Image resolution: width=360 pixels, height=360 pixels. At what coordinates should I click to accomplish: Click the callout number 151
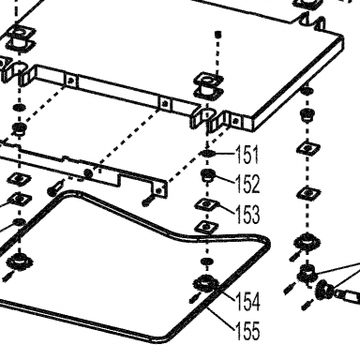[247, 155]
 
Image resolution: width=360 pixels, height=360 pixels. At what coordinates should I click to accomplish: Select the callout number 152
[247, 184]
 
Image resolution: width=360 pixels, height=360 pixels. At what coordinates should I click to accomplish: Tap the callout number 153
[247, 214]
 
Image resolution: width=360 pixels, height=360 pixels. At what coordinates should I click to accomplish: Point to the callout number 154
[247, 301]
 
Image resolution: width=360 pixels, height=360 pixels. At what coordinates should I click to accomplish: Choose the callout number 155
[247, 331]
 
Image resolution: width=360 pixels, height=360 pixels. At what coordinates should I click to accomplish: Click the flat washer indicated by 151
[207, 153]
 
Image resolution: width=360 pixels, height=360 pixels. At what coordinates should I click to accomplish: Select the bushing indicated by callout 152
[207, 175]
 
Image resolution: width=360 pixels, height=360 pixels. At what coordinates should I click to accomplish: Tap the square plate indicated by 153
[206, 205]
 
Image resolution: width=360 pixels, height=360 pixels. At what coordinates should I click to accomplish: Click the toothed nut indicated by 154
[205, 283]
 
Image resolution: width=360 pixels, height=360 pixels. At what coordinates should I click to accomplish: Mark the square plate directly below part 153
[206, 227]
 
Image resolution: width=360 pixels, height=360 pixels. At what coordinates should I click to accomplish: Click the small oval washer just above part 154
[206, 261]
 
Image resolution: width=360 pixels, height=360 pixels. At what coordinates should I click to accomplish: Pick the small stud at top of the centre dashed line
[218, 33]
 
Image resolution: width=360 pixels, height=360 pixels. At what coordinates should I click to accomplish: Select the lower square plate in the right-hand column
[308, 194]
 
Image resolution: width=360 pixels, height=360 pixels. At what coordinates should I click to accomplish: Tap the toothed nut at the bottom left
[20, 261]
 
